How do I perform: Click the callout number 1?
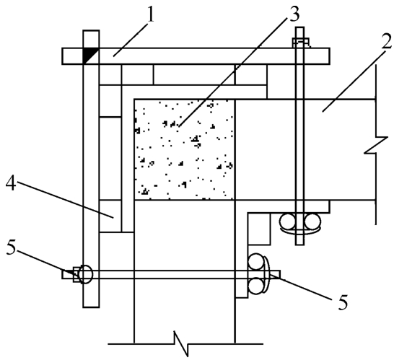tap(150, 15)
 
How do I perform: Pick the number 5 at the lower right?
tap(343, 302)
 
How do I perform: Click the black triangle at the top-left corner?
tap(89, 56)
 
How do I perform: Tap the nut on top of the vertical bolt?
tap(300, 43)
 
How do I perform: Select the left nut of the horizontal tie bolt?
tap(76, 275)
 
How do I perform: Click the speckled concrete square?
tap(185, 149)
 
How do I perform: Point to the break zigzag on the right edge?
tap(376, 145)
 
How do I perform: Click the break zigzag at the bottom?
tap(181, 343)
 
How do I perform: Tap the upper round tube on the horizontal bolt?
tap(256, 262)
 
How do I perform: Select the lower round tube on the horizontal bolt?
tap(256, 286)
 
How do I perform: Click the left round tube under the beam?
tap(288, 221)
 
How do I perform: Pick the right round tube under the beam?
tap(312, 221)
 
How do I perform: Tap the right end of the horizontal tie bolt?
tap(280, 275)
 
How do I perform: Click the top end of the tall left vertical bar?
tap(91, 30)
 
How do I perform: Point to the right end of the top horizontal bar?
tap(330, 56)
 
